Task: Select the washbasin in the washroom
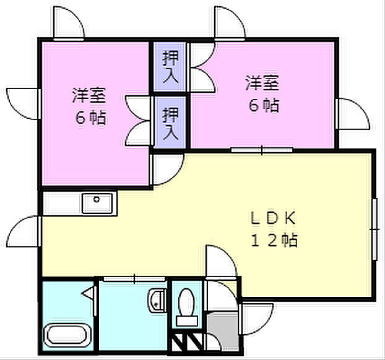coord(157,300)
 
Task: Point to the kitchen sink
coord(98,202)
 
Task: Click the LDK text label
coord(274,218)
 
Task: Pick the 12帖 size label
coord(274,240)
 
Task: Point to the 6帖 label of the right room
coord(263,105)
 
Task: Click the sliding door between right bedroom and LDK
coord(262,149)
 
